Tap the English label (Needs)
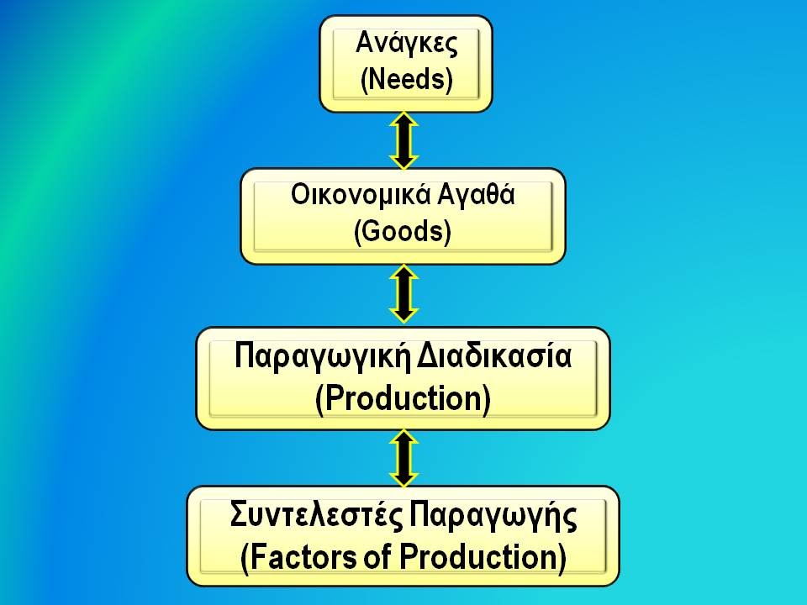click(x=407, y=79)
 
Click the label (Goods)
click(x=403, y=232)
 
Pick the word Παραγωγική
click(x=322, y=357)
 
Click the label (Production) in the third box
click(x=403, y=398)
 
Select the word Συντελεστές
click(x=315, y=515)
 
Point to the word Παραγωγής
click(x=493, y=517)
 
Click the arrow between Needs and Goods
click(x=404, y=140)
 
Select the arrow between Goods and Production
click(x=404, y=294)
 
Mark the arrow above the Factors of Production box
click(x=404, y=458)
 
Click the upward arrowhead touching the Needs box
click(x=404, y=120)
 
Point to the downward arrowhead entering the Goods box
click(x=404, y=161)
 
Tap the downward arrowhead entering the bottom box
click(x=404, y=478)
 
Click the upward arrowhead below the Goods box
click(x=404, y=273)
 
